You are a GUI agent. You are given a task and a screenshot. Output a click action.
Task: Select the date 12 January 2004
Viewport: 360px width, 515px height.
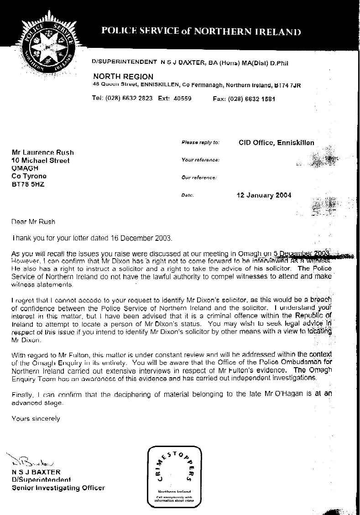[264, 195]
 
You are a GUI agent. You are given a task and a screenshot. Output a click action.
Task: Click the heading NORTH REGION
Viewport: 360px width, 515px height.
[123, 77]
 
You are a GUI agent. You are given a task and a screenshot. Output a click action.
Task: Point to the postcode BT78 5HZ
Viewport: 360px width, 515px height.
[28, 185]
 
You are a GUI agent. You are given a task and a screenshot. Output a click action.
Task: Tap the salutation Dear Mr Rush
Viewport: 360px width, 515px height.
[33, 222]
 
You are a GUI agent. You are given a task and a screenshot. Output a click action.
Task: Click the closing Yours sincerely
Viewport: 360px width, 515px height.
[36, 418]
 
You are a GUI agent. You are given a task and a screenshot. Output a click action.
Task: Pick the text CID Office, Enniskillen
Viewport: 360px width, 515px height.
[277, 143]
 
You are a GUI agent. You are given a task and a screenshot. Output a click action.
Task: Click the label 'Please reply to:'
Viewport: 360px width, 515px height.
[200, 143]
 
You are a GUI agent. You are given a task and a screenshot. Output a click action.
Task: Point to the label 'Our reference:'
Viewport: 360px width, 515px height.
[199, 177]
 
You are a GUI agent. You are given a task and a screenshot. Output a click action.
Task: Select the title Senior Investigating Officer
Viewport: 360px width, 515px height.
[58, 488]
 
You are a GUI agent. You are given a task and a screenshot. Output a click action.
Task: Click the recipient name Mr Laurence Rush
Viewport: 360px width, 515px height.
[42, 152]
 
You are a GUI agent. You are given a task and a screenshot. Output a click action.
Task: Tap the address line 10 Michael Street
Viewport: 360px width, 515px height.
[41, 161]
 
